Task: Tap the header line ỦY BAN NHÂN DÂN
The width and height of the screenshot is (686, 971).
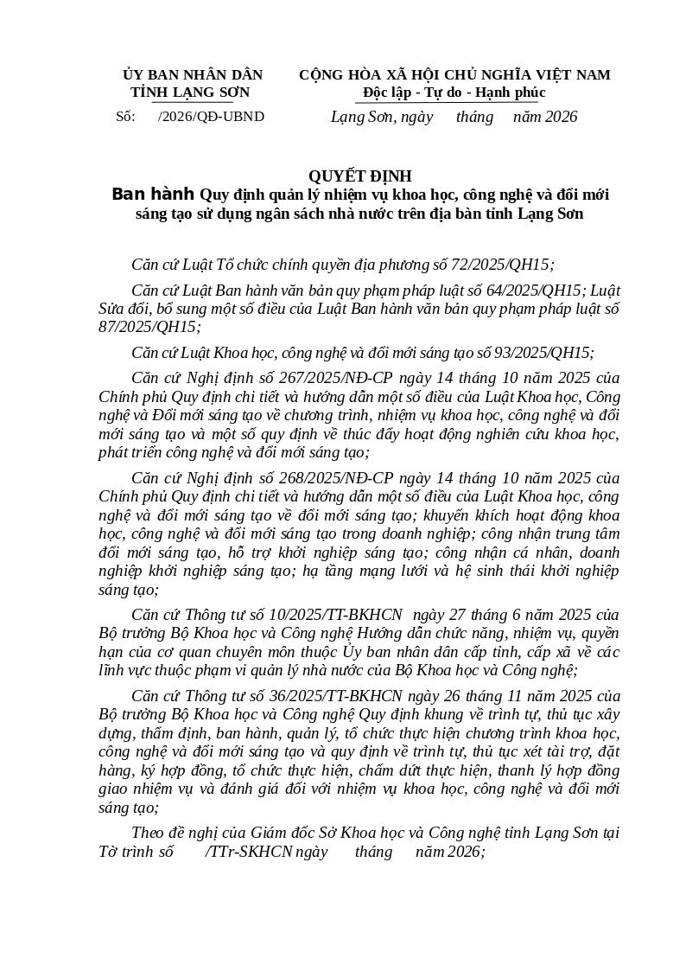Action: [x=193, y=75]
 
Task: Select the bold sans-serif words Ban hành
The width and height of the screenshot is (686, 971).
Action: [x=153, y=194]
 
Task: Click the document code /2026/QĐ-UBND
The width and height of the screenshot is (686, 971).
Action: [x=211, y=117]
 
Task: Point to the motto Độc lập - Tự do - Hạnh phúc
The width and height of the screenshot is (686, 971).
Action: [x=454, y=93]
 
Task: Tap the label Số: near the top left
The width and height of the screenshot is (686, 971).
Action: [x=125, y=117]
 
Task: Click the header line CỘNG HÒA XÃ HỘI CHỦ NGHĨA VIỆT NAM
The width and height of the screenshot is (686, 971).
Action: [x=454, y=75]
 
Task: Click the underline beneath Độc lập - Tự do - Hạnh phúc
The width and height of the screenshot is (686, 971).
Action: [x=454, y=102]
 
